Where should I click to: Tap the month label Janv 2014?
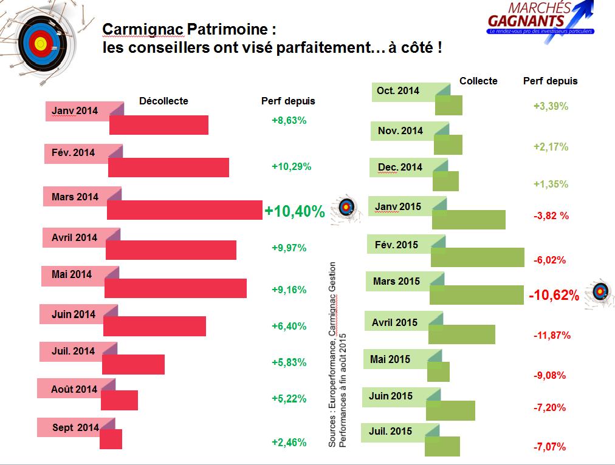75,111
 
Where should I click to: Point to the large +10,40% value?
295,211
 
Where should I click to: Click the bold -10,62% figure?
553,296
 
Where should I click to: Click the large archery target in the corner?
39,43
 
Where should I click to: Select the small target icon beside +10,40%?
346,208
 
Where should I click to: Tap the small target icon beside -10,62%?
600,293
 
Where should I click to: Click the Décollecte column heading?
163,101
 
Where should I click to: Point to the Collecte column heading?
478,81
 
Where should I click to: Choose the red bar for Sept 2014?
111,440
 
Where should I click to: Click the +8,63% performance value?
289,120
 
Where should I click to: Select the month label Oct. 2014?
398,91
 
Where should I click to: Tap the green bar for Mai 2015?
439,372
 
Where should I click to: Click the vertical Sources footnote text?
337,355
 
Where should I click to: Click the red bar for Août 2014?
120,401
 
